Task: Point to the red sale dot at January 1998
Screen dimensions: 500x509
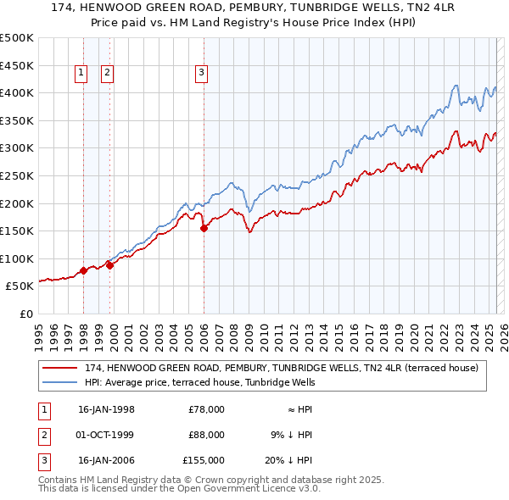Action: pyautogui.click(x=84, y=271)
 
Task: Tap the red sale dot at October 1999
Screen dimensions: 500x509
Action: pyautogui.click(x=109, y=265)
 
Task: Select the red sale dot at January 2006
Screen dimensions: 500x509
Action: pyautogui.click(x=204, y=228)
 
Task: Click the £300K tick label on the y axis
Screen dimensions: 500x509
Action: pyautogui.click(x=17, y=148)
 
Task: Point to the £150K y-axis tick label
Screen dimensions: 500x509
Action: pyautogui.click(x=17, y=231)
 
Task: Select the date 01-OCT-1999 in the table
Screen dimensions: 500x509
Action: pyautogui.click(x=106, y=435)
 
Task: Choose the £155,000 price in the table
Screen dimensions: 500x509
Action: pyautogui.click(x=204, y=461)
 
